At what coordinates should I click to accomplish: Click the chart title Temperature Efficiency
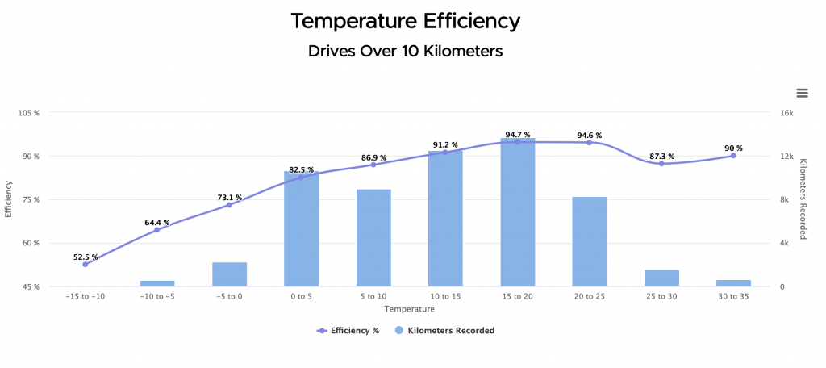point(405,20)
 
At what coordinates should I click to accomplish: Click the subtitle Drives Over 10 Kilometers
point(405,52)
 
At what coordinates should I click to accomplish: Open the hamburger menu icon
point(802,94)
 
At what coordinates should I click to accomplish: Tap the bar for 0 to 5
point(302,230)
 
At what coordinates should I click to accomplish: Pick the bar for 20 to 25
point(590,242)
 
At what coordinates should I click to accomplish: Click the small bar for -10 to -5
point(157,283)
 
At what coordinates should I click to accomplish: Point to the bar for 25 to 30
point(661,278)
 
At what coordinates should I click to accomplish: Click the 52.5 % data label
point(86,257)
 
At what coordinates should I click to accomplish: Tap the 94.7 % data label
point(518,135)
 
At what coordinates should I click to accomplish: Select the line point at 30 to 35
point(733,155)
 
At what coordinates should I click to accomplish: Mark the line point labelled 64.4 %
point(157,230)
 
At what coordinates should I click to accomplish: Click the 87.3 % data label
point(661,157)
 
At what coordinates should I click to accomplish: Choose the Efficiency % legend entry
point(348,330)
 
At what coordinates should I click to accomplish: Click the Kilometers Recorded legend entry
point(444,330)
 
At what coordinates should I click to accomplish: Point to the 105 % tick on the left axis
point(29,113)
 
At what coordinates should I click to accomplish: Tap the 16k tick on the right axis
point(786,113)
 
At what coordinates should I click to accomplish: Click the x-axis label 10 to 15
point(445,296)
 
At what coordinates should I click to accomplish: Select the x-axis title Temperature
point(404,308)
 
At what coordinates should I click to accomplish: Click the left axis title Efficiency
point(9,199)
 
